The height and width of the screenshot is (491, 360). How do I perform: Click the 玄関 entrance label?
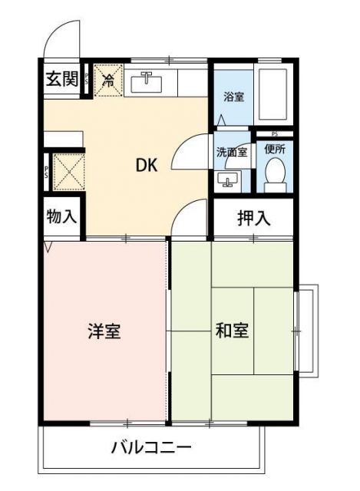(61, 79)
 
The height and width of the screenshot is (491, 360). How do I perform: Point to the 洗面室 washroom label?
(231, 151)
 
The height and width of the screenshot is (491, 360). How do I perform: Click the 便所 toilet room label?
(274, 150)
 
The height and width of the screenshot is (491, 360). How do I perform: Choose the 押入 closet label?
(253, 218)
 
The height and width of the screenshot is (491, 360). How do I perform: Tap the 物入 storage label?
(61, 216)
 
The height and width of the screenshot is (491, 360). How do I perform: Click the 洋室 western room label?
(104, 331)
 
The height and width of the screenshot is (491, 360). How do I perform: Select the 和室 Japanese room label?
(232, 331)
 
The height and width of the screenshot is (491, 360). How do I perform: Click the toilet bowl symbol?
(274, 175)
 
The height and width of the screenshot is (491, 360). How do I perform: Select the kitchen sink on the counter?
(147, 81)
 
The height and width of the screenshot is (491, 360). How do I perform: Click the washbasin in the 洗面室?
(227, 180)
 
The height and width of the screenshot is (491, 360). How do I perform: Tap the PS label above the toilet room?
(274, 134)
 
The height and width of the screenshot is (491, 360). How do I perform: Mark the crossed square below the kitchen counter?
(67, 171)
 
